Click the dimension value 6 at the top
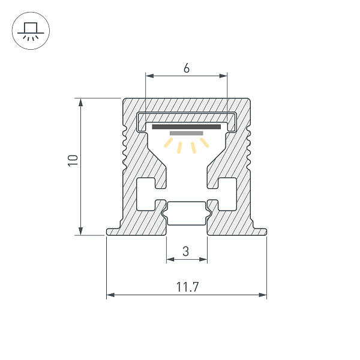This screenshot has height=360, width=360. click(187, 68)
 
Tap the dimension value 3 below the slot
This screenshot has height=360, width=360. click(186, 252)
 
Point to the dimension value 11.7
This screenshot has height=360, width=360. click(187, 287)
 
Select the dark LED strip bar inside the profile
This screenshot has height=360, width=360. click(186, 127)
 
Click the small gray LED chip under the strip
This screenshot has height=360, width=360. click(187, 133)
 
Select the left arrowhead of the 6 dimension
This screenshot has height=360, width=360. click(149, 76)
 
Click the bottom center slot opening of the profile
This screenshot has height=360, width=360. click(186, 213)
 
